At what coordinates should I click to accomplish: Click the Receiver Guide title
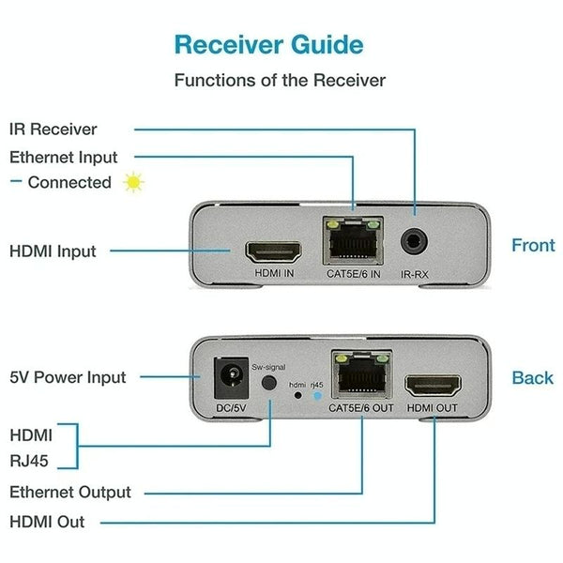(268, 43)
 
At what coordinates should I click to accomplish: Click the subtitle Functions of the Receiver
(280, 81)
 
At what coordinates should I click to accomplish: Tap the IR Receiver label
(53, 129)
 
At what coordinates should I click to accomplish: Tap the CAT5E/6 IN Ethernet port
(352, 242)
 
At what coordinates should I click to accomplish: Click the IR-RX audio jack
(414, 241)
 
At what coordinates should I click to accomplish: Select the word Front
(533, 246)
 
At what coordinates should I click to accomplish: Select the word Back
(532, 378)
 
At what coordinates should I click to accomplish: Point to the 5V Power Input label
(67, 378)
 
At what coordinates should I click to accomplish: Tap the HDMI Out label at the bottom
(47, 522)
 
